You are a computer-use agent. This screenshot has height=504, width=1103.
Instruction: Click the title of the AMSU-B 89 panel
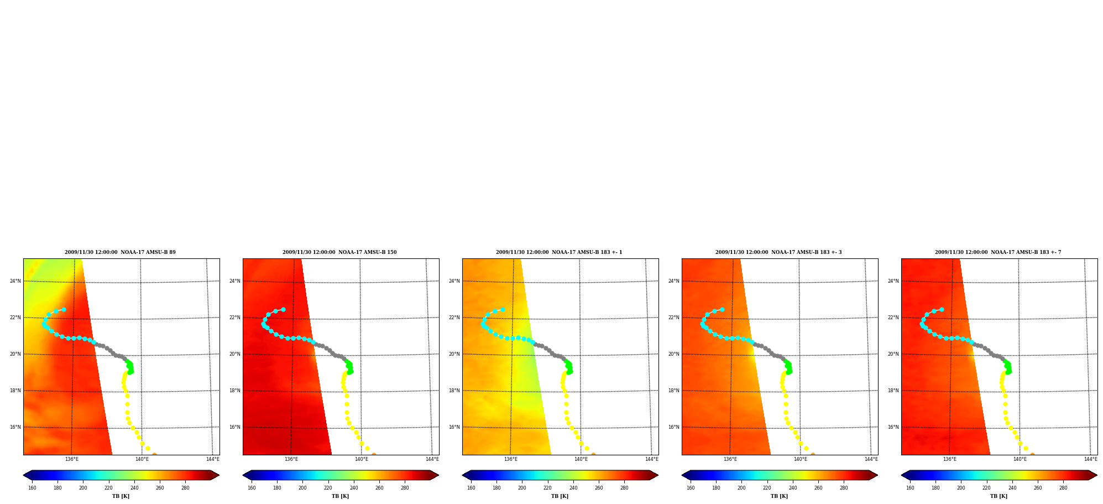(120, 252)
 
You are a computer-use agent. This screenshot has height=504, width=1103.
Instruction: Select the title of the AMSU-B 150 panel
(339, 252)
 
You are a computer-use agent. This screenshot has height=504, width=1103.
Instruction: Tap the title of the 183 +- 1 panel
(559, 252)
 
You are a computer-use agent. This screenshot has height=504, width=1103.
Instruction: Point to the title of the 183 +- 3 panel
(778, 252)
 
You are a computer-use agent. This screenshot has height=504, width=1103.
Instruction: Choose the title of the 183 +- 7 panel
(998, 252)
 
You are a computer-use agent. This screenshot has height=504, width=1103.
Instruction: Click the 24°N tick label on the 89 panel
(15, 281)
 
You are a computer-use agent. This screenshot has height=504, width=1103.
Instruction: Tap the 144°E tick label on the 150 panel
(432, 459)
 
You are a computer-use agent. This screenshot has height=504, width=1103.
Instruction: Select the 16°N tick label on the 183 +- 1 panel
(454, 427)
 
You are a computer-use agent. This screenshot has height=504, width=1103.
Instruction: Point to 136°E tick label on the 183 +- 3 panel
(730, 459)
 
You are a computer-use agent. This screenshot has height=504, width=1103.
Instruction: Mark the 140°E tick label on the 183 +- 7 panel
(1020, 459)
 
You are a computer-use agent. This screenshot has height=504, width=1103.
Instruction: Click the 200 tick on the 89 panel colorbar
(83, 488)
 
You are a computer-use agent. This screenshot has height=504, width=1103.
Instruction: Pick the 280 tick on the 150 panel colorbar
(405, 488)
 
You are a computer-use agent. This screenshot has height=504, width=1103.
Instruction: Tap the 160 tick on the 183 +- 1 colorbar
(471, 488)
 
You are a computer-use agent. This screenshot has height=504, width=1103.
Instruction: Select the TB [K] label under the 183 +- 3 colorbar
(780, 496)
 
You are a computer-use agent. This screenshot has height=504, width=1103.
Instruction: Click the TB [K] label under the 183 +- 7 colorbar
(999, 496)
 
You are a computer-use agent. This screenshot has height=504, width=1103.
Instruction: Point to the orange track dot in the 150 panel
(374, 455)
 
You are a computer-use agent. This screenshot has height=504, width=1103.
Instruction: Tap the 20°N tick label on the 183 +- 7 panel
(893, 354)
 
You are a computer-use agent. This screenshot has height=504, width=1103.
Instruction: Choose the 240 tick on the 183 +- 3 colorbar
(793, 488)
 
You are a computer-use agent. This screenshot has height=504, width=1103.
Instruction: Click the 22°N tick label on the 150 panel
(234, 318)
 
